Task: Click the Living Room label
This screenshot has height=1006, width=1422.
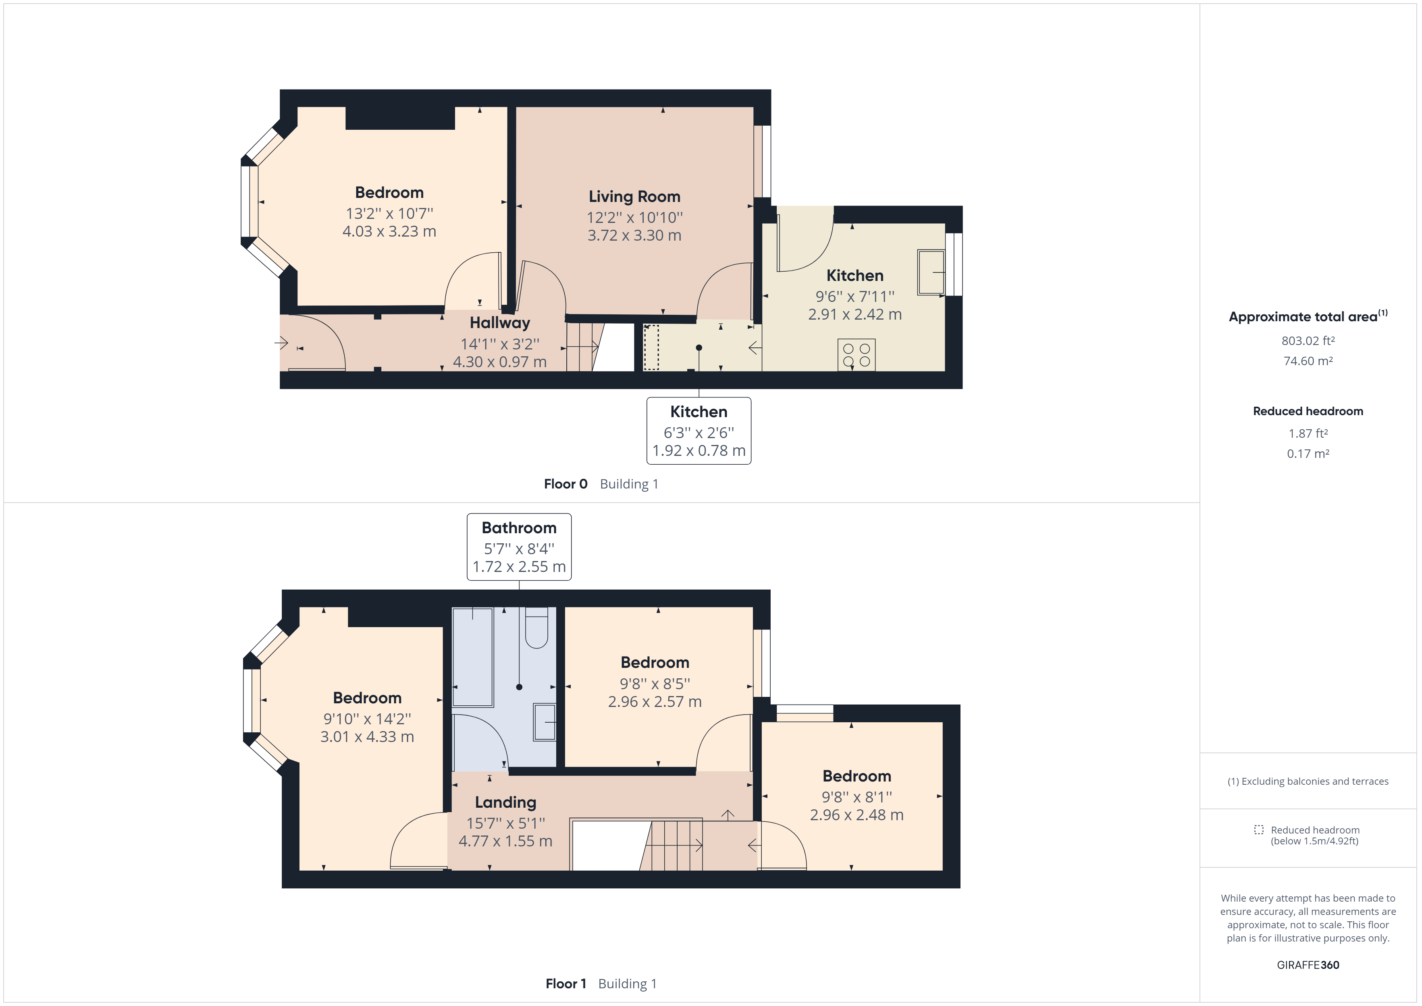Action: click(x=634, y=197)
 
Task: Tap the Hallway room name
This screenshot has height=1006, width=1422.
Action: click(x=500, y=323)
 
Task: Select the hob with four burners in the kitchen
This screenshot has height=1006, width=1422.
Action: click(x=857, y=355)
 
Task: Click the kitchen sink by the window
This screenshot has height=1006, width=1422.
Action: click(x=931, y=272)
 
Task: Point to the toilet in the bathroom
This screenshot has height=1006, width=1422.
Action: click(x=536, y=628)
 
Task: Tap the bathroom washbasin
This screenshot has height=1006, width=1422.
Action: click(x=545, y=722)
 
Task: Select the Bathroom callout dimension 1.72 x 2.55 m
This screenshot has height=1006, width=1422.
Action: click(x=519, y=567)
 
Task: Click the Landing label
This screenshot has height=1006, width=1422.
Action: click(x=505, y=803)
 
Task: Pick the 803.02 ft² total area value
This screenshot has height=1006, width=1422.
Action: click(x=1308, y=341)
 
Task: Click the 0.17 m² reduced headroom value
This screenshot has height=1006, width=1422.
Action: click(x=1308, y=453)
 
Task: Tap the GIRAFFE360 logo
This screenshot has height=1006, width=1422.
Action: click(x=1308, y=965)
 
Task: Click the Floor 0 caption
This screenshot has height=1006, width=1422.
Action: click(x=565, y=484)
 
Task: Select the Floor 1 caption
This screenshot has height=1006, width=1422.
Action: click(x=565, y=984)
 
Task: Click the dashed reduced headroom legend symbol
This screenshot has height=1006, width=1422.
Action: click(x=1258, y=829)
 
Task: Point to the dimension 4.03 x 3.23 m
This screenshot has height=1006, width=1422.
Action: click(x=390, y=232)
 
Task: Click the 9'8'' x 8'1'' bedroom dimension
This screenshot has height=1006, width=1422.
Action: click(x=857, y=797)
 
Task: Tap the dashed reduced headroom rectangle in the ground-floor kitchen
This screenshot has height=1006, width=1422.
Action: click(x=651, y=347)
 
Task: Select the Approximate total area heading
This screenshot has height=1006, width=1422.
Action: click(x=1308, y=316)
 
